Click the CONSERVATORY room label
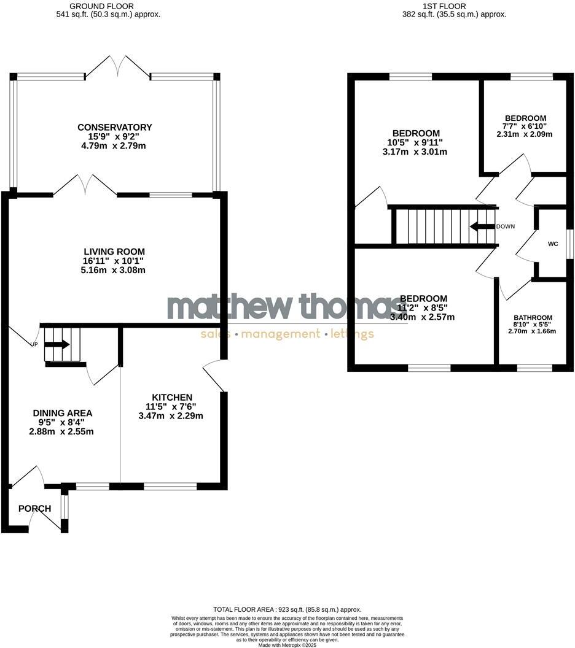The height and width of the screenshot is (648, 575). [115, 127]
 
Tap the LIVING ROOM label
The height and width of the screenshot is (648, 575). [114, 252]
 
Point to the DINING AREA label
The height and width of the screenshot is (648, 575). [63, 413]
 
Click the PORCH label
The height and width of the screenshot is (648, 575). [34, 508]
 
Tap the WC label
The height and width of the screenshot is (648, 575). [553, 244]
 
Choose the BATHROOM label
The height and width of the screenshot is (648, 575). [532, 318]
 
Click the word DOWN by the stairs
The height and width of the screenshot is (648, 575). [506, 226]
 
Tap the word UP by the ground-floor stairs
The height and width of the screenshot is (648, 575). [34, 344]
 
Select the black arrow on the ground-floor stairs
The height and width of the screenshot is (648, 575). [58, 344]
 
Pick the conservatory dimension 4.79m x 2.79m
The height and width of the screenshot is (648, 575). [115, 146]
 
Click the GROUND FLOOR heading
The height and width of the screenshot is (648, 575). [108, 6]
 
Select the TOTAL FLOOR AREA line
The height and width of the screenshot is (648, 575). [287, 609]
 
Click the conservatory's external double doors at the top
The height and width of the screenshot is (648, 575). [117, 67]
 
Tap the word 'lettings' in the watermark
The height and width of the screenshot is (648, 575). [351, 334]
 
